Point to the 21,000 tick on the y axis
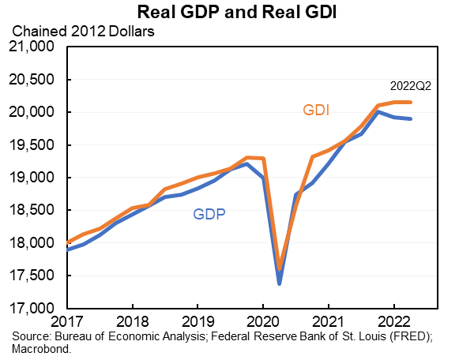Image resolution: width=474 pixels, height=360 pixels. click(x=32, y=47)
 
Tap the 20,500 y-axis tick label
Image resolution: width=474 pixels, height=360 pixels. click(x=32, y=80)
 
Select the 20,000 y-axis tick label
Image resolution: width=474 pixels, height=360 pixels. click(x=32, y=113)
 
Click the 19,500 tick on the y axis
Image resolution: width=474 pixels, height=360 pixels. click(x=32, y=145)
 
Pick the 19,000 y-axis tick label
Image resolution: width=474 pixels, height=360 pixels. click(x=32, y=178)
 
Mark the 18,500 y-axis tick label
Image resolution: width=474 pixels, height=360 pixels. click(x=32, y=211)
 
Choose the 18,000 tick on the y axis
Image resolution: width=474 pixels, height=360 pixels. click(x=32, y=243)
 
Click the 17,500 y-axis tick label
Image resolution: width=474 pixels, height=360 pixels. click(x=32, y=276)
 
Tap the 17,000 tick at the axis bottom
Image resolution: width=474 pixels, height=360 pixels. click(x=32, y=309)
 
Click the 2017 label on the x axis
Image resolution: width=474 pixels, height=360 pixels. click(x=68, y=322)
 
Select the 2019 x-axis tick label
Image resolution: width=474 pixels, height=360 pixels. click(x=197, y=322)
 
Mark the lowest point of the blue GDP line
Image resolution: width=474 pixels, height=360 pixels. click(x=279, y=283)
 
